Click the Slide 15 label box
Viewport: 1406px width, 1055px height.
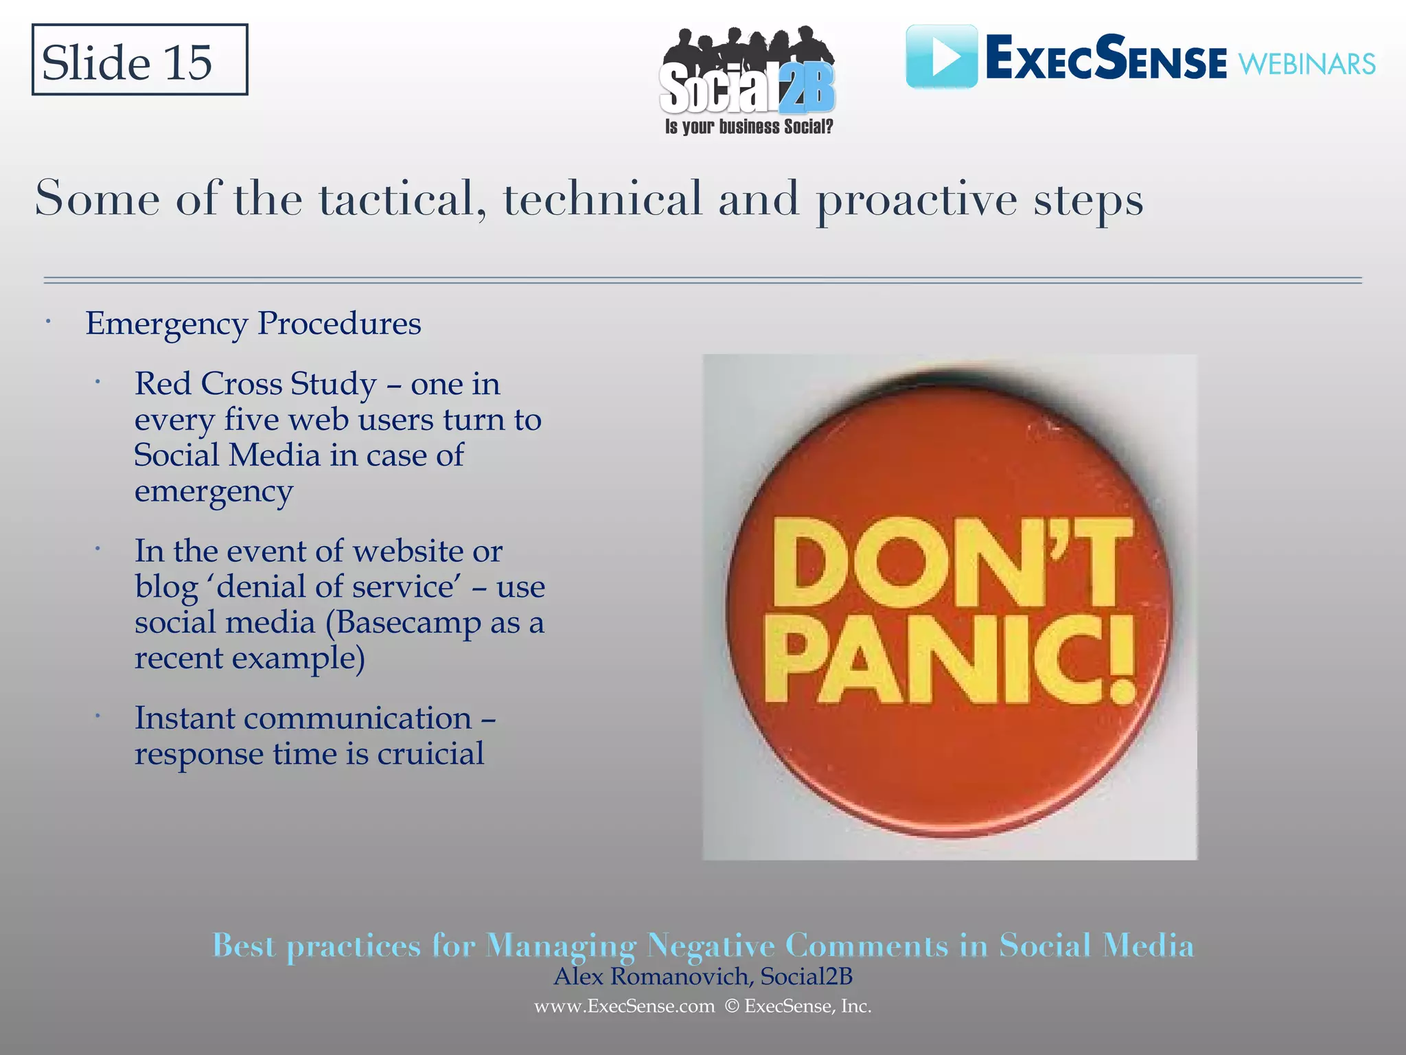(x=139, y=60)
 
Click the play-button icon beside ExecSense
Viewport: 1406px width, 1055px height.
(x=941, y=57)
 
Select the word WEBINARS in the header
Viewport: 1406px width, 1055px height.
(x=1306, y=65)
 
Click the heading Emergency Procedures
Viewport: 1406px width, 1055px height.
(x=253, y=324)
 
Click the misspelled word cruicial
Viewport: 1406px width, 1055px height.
(x=430, y=754)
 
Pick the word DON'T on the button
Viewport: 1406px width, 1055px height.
(x=951, y=563)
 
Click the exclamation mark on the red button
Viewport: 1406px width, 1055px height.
(x=1120, y=659)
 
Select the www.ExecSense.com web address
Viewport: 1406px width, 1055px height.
(x=624, y=1007)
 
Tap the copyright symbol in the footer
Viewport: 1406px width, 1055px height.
(x=732, y=1007)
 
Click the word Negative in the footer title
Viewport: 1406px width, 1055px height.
(x=711, y=946)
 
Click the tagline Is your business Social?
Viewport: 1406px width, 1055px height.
(x=748, y=127)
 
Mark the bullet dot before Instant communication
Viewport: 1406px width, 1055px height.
(x=98, y=716)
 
